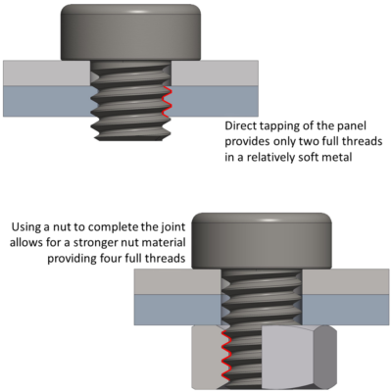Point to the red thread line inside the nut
click(224, 357)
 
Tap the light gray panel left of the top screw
click(44, 72)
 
